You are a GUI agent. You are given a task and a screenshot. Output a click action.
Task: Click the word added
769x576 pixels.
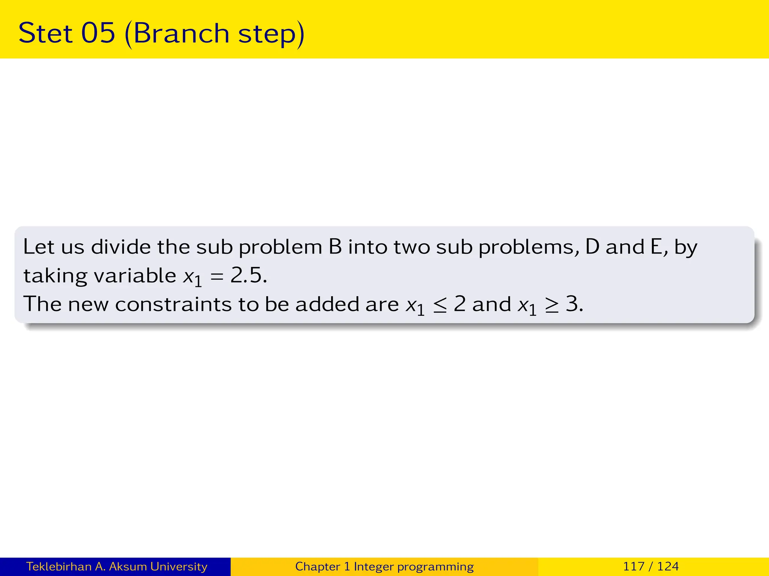pos(327,304)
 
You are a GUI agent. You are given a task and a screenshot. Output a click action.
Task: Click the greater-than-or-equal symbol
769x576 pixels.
pos(552,305)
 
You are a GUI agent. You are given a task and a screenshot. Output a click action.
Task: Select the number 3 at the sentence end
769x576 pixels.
pos(571,304)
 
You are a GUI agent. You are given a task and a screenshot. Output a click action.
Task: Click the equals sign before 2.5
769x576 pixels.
pos(217,276)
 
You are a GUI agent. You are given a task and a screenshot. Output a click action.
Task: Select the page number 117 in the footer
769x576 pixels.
pos(634,566)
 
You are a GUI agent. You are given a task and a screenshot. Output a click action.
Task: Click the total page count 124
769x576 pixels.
pos(668,566)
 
